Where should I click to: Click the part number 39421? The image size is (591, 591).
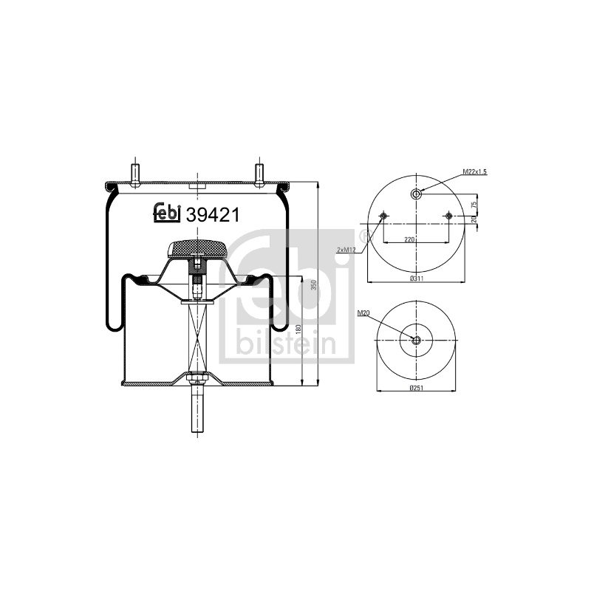click(213, 215)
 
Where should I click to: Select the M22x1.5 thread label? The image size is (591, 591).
click(475, 172)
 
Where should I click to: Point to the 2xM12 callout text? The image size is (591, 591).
click(346, 250)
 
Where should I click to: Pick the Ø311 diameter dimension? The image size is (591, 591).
click(417, 279)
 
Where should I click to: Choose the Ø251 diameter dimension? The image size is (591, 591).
click(417, 388)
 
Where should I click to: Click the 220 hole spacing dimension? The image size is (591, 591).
click(409, 239)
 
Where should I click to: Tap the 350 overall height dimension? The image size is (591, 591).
click(313, 285)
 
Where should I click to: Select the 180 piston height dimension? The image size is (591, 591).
click(299, 329)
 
